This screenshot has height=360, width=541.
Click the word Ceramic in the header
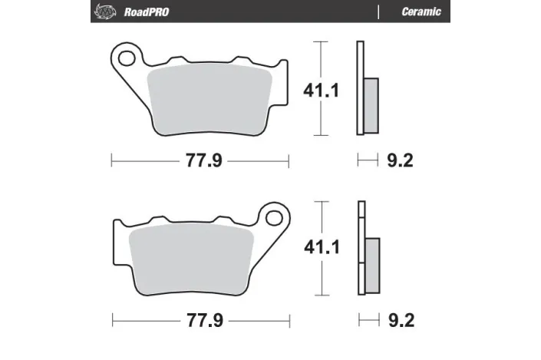point(421,12)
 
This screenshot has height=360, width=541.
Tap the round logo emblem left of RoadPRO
point(102,12)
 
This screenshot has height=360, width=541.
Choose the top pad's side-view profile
point(360,89)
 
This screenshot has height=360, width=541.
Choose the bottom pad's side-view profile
point(360,247)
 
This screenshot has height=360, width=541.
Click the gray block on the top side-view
point(371,104)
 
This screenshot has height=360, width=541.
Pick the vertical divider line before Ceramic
point(379,12)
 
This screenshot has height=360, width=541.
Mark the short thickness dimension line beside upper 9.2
point(368,160)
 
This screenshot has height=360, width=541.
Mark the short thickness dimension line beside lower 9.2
point(368,319)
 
